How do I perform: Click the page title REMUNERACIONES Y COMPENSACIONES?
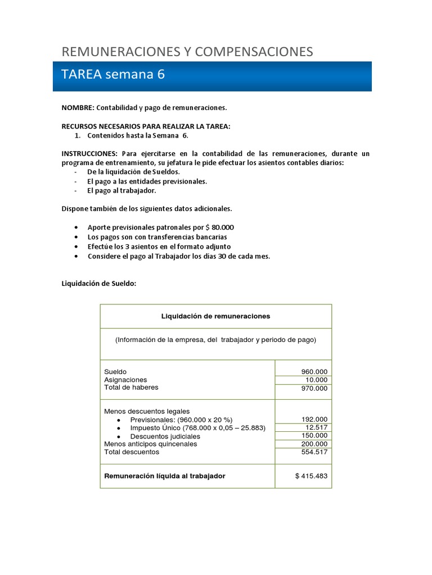coord(187,52)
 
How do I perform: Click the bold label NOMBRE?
coord(78,107)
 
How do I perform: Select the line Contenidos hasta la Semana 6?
coord(138,135)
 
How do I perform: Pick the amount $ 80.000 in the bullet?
coord(219,227)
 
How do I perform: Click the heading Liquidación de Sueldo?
coord(98,284)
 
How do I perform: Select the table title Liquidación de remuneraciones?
coord(215,316)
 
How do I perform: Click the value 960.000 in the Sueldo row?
coord(314,372)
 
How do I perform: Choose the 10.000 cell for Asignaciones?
coord(317,380)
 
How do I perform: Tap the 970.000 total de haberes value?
coord(314,389)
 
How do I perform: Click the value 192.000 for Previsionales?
coord(314,419)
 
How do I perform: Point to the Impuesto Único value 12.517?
coord(317,428)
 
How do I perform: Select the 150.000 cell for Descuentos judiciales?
coord(314,436)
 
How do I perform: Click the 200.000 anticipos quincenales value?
coord(314,444)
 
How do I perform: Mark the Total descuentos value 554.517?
coord(314,453)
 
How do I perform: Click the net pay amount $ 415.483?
coord(311,476)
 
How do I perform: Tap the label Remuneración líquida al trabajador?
coord(165,476)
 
